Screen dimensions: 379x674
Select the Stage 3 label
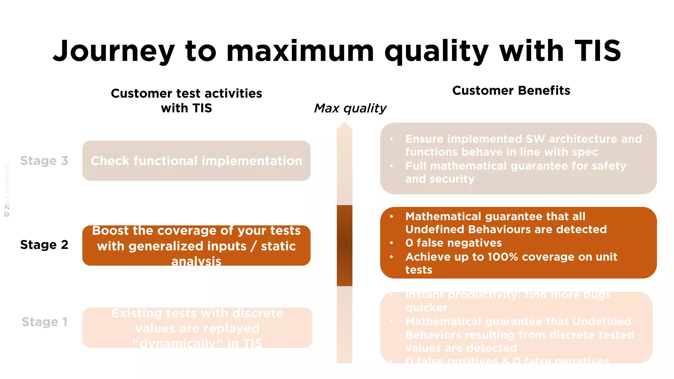pyautogui.click(x=44, y=161)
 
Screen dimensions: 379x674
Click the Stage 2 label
pyautogui.click(x=44, y=245)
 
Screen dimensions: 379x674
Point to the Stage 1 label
pyautogui.click(x=44, y=322)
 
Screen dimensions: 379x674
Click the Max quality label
pyautogui.click(x=350, y=108)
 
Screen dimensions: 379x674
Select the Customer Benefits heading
pyautogui.click(x=511, y=90)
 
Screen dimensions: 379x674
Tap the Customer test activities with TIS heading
pyautogui.click(x=186, y=100)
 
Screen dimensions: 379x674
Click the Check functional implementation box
pyautogui.click(x=196, y=161)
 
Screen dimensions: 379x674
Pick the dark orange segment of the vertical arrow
pyautogui.click(x=344, y=245)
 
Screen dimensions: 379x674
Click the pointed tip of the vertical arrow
pyautogui.click(x=344, y=125)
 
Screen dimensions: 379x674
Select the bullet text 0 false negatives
pyautogui.click(x=454, y=243)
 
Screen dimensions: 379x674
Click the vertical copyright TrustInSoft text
pyautogui.click(x=7, y=190)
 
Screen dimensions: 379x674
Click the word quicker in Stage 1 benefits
pyautogui.click(x=426, y=308)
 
